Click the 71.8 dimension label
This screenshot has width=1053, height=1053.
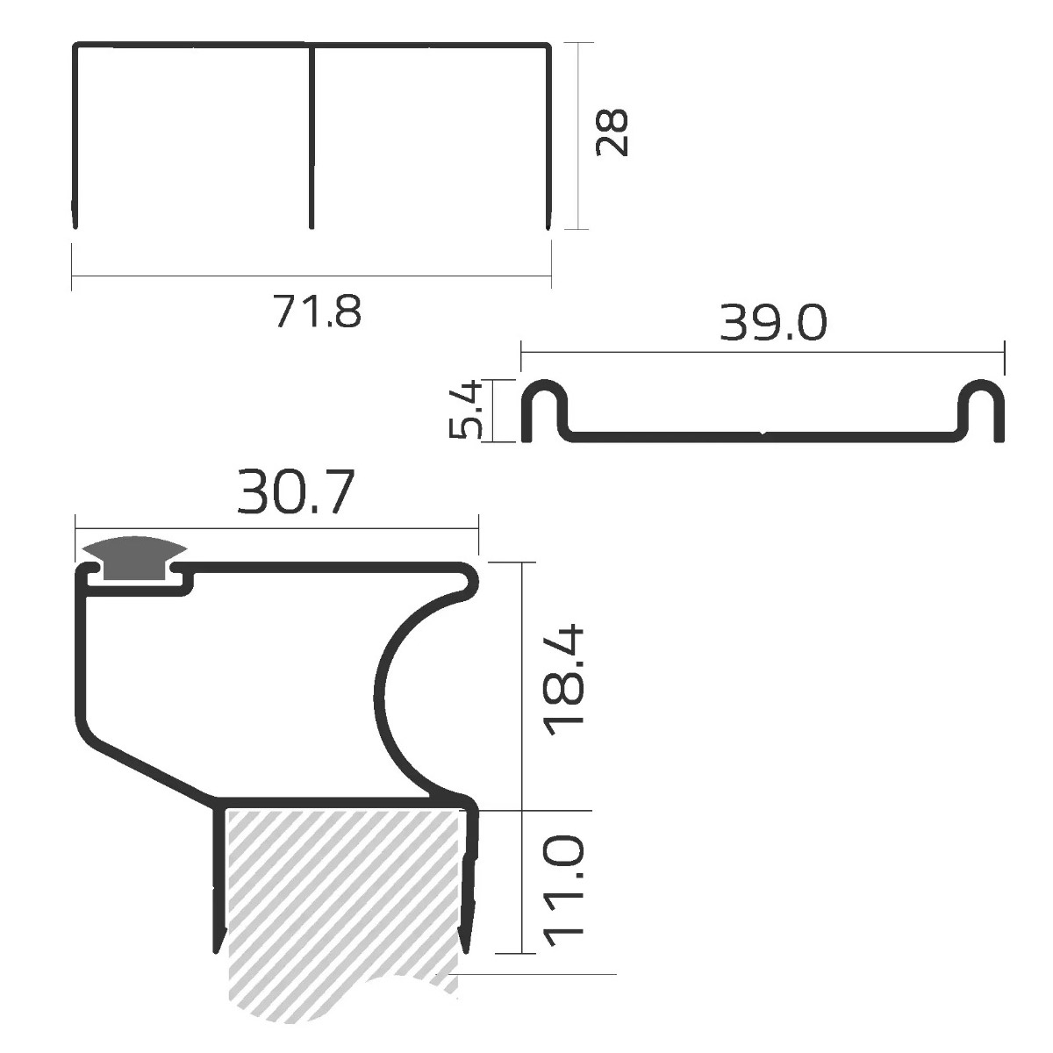pos(318,311)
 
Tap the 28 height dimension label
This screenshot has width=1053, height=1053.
pos(612,133)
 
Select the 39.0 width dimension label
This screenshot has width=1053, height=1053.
pos(773,323)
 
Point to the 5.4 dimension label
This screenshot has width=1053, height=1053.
pos(466,410)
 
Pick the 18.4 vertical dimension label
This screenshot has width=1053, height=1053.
pos(565,680)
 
